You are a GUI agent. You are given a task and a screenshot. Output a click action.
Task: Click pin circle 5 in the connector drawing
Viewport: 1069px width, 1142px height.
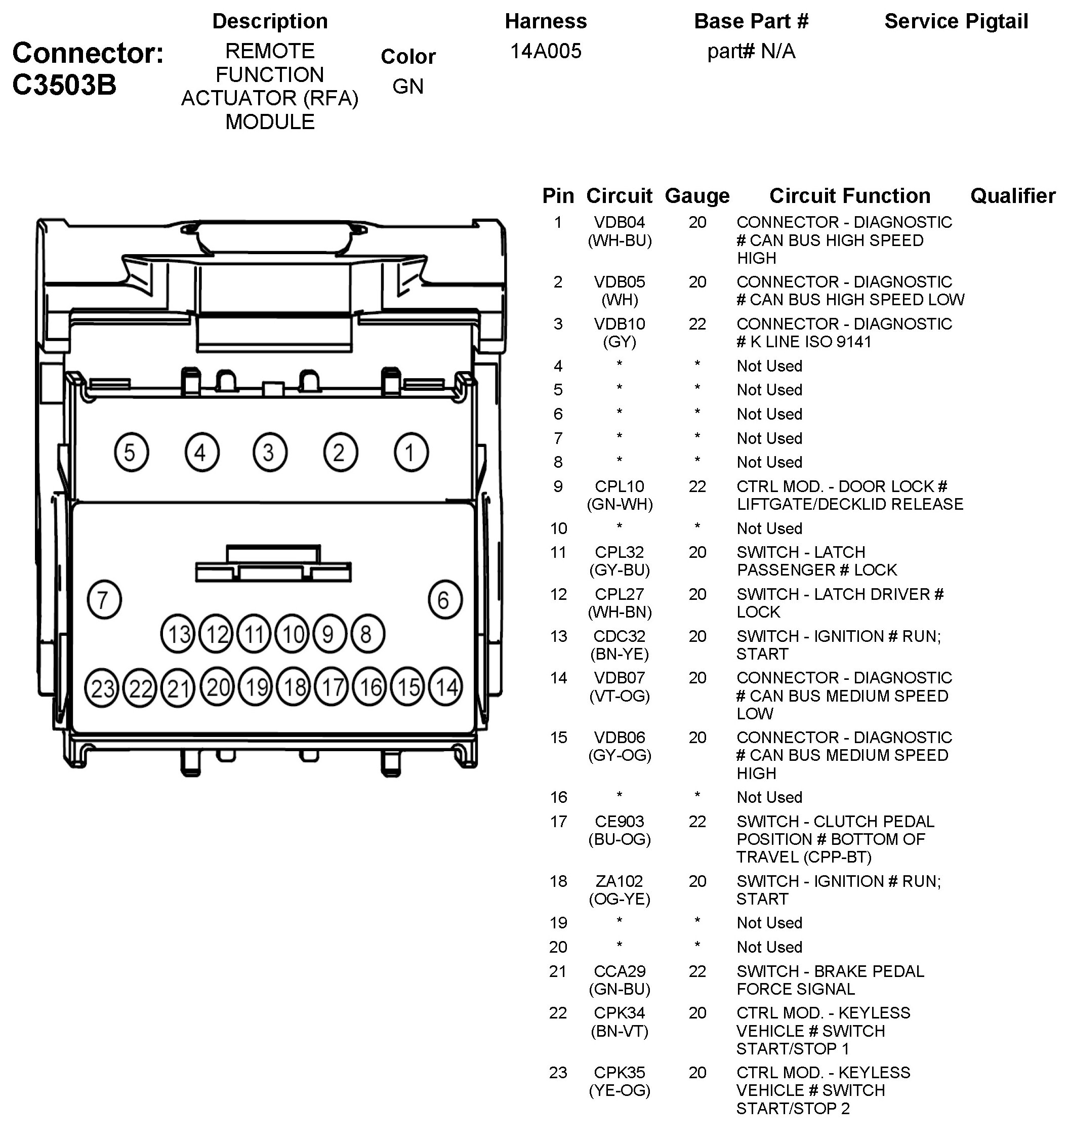(x=131, y=452)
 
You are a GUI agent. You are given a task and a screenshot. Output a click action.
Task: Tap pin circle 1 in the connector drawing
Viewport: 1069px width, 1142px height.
(x=410, y=452)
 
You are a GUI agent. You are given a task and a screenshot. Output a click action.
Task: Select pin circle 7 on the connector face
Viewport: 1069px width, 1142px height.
(x=104, y=600)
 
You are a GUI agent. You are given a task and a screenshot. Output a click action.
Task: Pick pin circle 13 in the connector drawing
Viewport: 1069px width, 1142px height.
(x=178, y=634)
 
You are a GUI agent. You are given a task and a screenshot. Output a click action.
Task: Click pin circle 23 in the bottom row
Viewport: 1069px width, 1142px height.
(x=102, y=687)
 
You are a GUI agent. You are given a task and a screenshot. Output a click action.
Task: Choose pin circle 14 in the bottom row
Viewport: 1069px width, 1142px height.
(x=446, y=686)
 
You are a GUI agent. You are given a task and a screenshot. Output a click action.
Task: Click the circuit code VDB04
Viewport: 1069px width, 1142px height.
(x=619, y=222)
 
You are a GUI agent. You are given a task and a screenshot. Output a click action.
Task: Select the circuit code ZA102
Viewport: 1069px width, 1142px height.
(x=619, y=881)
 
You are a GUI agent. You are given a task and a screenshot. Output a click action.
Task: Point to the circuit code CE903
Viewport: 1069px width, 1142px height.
(x=619, y=822)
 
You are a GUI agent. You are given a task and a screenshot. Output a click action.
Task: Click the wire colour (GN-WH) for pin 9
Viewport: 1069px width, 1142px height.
(x=619, y=504)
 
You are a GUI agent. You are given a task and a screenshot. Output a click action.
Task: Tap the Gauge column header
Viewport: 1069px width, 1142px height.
(x=697, y=196)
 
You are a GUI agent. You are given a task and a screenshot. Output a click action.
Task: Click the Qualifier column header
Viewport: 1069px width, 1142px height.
(x=1013, y=196)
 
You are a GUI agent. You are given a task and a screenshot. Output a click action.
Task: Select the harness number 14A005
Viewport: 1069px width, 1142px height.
(x=546, y=51)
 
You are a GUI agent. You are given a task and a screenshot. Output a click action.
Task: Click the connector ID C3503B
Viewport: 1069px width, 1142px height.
(x=64, y=85)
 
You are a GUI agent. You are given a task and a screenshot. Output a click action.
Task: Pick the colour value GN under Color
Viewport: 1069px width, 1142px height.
(x=408, y=86)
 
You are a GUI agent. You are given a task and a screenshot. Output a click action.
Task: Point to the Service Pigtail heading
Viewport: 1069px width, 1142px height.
(x=956, y=21)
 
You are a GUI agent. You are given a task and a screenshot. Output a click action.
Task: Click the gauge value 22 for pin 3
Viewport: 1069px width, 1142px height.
(x=697, y=324)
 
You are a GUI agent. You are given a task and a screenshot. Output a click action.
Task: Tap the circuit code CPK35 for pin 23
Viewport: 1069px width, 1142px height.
(x=619, y=1073)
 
